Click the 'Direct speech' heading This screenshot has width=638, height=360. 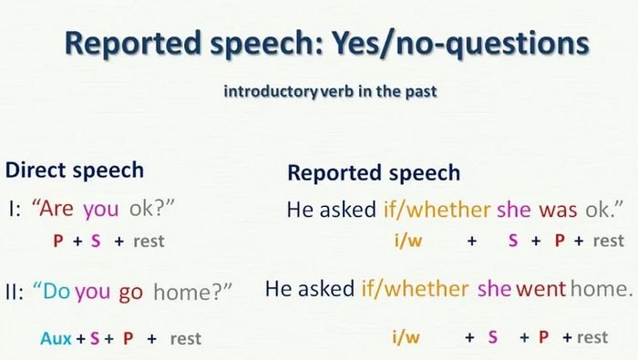point(75,170)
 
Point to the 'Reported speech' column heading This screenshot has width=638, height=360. point(374,173)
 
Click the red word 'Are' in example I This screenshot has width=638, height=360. point(55,209)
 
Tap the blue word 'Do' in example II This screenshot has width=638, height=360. point(55,292)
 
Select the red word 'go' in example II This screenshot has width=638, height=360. point(131,292)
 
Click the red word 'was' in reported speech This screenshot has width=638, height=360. point(558,210)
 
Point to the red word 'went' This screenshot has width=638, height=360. point(542,290)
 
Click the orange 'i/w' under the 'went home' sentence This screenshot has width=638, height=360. point(406,337)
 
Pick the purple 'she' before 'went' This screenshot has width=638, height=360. point(495,290)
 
